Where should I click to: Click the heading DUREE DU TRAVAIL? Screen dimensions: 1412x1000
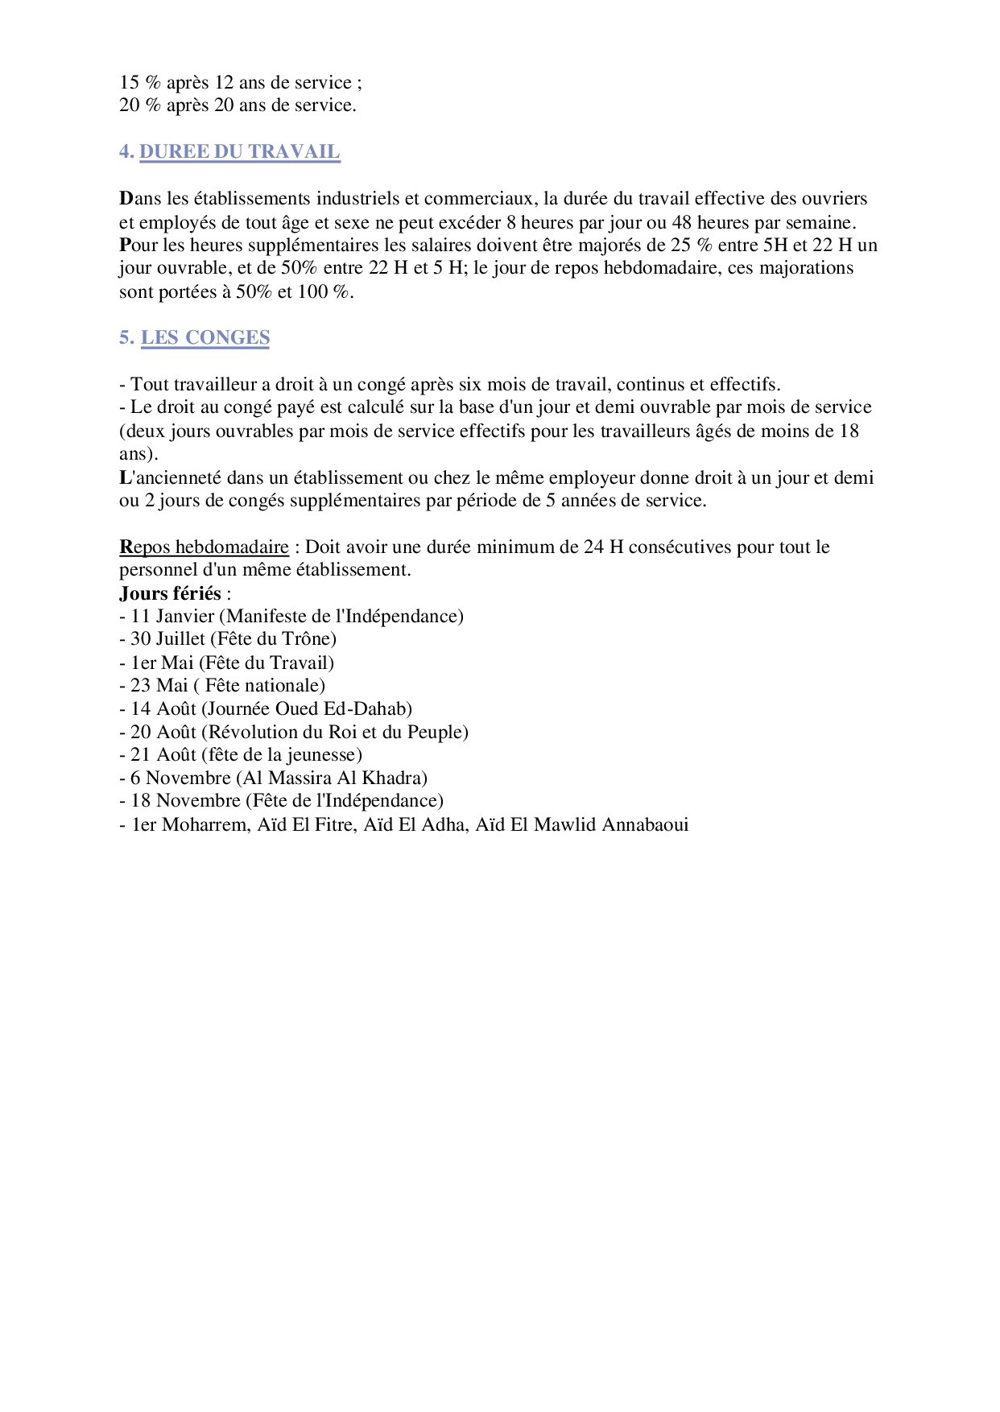tap(240, 151)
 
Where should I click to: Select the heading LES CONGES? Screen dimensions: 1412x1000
tap(205, 337)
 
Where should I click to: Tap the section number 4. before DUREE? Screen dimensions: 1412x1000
tap(126, 151)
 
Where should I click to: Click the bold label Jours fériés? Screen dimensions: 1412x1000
tap(170, 593)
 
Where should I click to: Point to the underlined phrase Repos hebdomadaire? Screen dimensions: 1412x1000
tap(204, 547)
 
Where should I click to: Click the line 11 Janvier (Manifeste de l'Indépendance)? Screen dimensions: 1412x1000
tap(291, 616)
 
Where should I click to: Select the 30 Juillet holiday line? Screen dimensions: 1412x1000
tap(228, 638)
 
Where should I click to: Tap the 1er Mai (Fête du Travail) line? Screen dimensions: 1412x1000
tap(226, 663)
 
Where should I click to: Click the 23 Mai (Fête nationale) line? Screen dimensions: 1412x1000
tap(222, 685)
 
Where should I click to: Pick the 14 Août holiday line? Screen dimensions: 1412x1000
tap(266, 708)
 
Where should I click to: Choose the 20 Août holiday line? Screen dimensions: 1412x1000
tap(294, 732)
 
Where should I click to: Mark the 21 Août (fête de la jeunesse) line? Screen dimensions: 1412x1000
tap(241, 754)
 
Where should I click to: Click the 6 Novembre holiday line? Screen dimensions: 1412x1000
tap(273, 778)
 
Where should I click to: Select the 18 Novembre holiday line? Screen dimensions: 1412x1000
tap(281, 800)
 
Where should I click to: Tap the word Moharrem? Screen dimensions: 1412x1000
tap(206, 824)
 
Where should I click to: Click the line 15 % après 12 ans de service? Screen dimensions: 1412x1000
tap(241, 82)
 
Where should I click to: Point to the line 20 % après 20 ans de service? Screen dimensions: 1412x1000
tap(238, 105)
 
